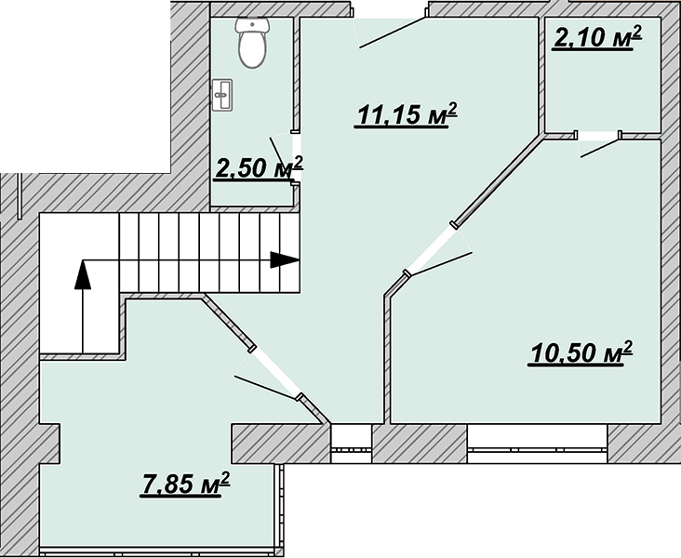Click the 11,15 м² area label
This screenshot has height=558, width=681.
(407, 114)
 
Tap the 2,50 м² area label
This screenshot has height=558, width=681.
(259, 167)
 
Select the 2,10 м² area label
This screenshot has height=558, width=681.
(597, 37)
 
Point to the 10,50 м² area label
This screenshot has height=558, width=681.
(580, 352)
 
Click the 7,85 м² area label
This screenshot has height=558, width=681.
(185, 484)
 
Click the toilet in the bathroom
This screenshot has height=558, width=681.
(252, 43)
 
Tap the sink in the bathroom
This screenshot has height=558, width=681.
(222, 94)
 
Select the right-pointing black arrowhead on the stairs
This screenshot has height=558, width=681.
(285, 260)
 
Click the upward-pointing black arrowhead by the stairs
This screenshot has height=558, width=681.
(83, 274)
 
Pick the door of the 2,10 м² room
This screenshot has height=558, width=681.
(598, 144)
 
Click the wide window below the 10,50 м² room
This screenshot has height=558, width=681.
(537, 439)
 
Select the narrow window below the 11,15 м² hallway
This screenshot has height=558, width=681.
(352, 439)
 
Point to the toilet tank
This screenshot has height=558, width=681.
(252, 25)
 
